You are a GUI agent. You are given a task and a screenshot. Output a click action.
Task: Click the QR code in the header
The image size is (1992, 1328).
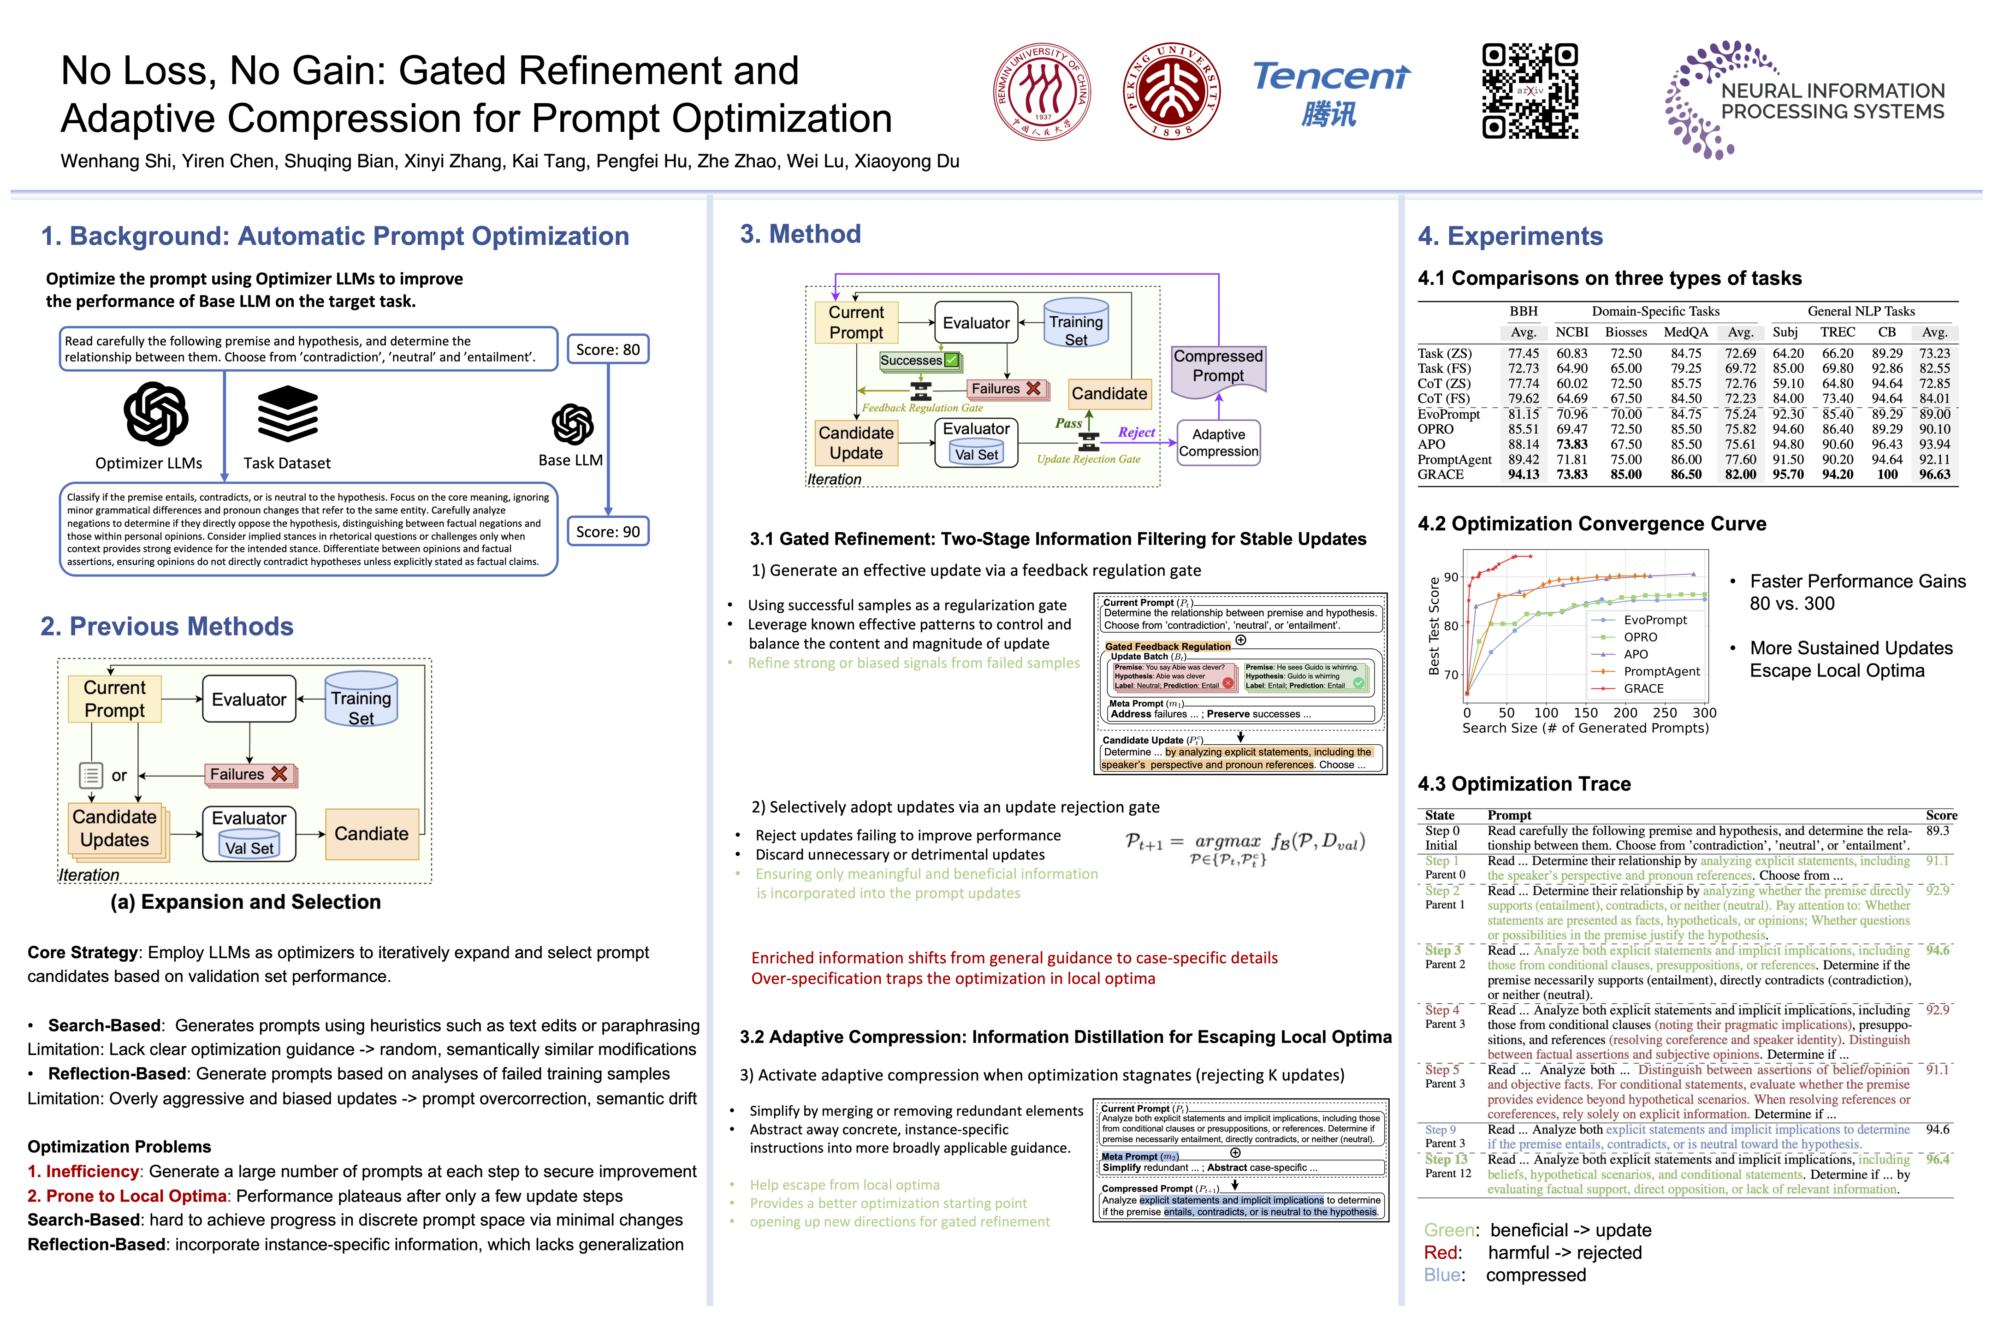tap(1530, 91)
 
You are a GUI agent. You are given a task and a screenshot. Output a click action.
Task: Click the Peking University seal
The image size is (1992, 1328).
tap(1171, 91)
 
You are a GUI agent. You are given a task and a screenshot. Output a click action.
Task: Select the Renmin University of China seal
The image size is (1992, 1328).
tap(1042, 91)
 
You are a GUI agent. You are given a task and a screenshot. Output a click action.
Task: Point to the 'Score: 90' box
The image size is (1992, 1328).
tap(607, 532)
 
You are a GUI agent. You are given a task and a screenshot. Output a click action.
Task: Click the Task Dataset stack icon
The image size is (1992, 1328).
tap(287, 415)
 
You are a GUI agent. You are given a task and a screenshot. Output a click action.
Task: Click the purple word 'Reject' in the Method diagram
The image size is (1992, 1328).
tap(1136, 433)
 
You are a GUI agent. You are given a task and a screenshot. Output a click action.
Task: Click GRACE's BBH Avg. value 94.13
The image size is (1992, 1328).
tap(1524, 475)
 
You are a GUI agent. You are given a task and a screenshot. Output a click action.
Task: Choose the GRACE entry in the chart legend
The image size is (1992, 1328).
tap(1643, 688)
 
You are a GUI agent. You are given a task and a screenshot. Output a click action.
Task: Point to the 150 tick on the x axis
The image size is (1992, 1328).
tap(1585, 713)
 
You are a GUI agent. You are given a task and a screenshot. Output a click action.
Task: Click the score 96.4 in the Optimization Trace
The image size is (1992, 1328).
tap(1937, 1159)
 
